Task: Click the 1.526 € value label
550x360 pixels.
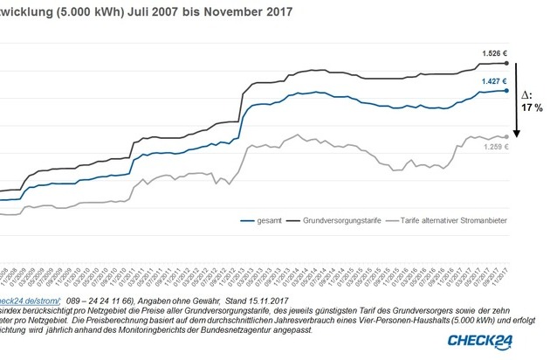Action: tap(493, 52)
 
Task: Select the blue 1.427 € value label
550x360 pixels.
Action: tap(493, 80)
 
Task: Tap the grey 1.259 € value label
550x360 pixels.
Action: tap(493, 147)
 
